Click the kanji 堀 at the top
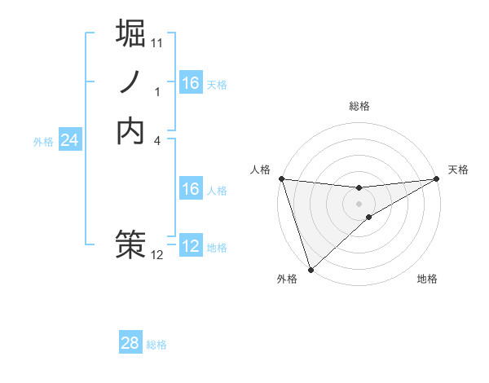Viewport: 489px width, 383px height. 130,33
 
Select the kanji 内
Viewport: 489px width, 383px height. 130,131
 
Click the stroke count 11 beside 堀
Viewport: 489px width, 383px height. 157,42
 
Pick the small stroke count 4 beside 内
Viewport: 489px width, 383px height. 157,140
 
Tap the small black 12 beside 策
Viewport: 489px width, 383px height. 157,255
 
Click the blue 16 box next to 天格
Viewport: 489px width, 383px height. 190,83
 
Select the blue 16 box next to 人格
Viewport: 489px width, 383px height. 190,189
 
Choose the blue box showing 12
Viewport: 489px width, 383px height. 190,246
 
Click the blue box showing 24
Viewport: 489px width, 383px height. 69,140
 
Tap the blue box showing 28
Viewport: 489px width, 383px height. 130,343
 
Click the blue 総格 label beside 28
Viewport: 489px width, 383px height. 156,345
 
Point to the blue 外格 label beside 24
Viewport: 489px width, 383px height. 43,142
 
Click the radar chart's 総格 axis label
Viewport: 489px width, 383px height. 359,106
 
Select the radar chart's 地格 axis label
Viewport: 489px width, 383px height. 427,279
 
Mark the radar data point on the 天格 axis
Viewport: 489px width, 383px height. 437,179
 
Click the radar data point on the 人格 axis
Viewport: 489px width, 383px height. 281,178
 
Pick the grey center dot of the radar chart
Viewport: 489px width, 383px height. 359,203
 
